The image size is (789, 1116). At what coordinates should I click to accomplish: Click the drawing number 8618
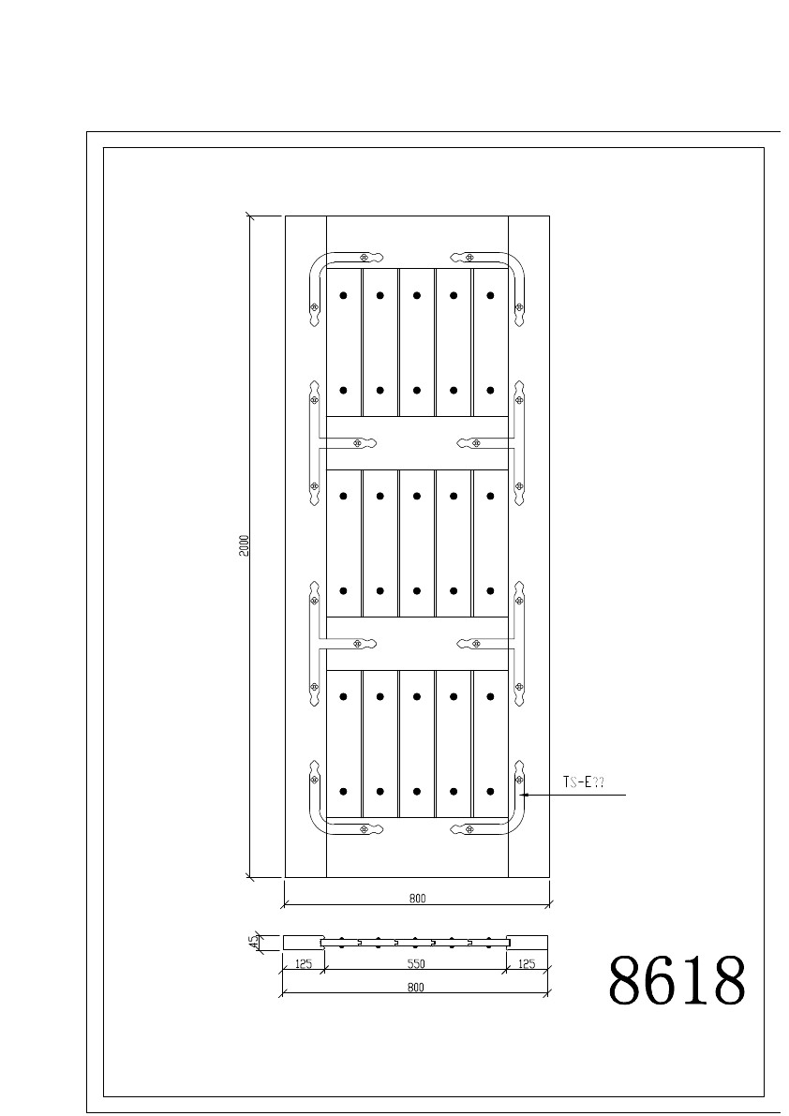677,980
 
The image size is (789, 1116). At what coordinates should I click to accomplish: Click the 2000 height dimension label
244,545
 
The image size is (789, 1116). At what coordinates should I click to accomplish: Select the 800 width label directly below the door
418,899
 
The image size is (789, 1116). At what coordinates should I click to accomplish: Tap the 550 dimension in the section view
416,963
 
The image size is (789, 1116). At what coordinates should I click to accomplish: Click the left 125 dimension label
304,963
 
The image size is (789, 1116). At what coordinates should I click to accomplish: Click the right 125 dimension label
527,963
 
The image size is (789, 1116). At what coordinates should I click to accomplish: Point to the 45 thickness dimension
253,943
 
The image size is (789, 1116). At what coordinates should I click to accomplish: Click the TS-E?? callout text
584,782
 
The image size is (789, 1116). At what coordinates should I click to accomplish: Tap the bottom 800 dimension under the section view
416,988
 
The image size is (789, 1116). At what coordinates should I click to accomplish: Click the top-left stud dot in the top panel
344,295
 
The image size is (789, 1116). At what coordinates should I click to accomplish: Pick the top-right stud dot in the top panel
490,295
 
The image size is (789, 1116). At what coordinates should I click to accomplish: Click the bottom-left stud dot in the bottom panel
344,792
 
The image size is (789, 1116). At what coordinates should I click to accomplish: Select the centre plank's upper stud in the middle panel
417,496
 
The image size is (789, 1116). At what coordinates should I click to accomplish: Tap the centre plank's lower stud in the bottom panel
417,792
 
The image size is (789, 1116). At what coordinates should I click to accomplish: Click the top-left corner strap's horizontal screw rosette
365,257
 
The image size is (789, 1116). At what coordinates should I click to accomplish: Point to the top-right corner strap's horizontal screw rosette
469,257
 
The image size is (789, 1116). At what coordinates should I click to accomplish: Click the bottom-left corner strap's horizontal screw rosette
365,829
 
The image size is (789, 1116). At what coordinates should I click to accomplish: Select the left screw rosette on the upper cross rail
357,443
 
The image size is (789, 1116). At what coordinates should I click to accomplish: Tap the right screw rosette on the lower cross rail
477,644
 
